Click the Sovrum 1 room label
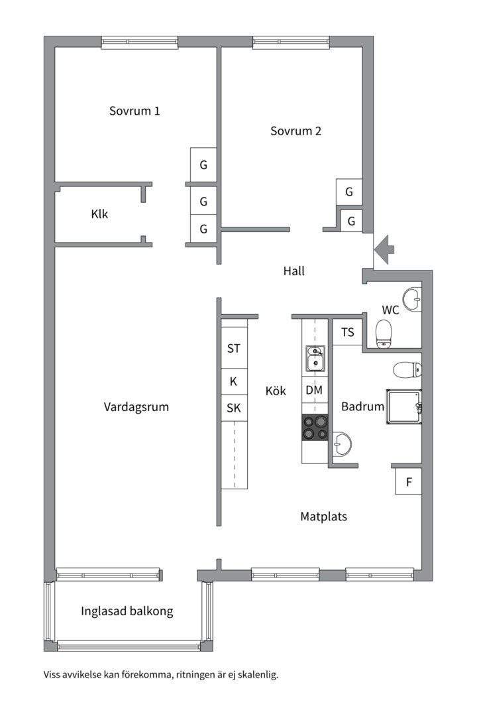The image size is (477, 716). tap(134, 111)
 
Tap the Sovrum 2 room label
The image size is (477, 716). tap(295, 131)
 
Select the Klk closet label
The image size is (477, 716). tap(99, 214)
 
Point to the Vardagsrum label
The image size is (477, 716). tap(136, 407)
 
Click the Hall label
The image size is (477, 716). tap(293, 270)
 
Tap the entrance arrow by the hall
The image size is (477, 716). tap(384, 249)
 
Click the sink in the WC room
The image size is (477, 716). tap(413, 299)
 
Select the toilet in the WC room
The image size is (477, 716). tap(384, 333)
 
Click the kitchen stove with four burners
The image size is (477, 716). tap(315, 427)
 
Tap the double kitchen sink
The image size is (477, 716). tap(315, 358)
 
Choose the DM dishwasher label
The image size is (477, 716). tap(314, 390)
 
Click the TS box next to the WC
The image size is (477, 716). tap(347, 333)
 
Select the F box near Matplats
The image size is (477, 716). tap(409, 482)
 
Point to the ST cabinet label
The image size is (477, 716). tap(234, 348)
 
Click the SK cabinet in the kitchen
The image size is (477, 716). tap(234, 408)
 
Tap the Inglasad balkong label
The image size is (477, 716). tap(127, 611)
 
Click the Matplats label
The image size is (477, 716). tap(324, 516)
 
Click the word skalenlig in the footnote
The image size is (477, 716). tap(255, 675)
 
